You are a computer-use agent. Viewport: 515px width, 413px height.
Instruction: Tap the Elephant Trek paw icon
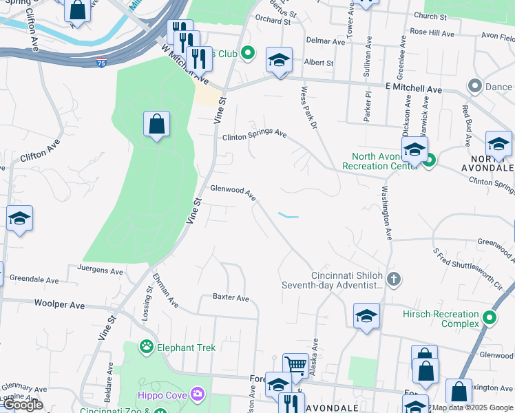[x=146, y=348]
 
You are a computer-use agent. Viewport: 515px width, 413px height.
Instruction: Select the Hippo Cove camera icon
[x=198, y=393]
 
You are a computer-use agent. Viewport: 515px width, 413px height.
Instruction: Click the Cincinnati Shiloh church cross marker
[x=394, y=279]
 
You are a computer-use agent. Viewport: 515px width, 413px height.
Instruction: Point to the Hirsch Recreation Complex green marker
[x=490, y=318]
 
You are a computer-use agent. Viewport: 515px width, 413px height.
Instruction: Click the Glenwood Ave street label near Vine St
[x=233, y=192]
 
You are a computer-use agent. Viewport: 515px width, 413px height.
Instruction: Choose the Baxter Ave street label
[x=231, y=298]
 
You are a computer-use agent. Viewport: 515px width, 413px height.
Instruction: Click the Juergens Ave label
[x=101, y=271]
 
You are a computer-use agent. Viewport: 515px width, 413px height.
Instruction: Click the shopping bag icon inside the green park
[x=157, y=125]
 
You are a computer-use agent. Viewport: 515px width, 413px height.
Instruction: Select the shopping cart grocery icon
[x=296, y=366]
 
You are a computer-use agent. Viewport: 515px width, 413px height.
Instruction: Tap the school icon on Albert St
[x=279, y=61]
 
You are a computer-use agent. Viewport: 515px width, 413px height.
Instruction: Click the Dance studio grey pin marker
[x=474, y=86]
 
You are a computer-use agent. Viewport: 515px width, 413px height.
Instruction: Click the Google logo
[x=23, y=405]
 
